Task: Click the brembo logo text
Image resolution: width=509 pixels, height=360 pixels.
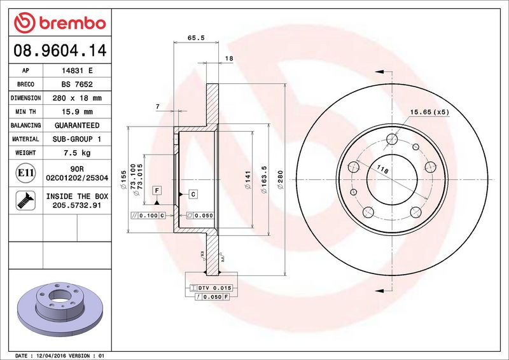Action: [x=73, y=23]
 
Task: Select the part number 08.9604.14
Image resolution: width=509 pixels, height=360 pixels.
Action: [x=60, y=50]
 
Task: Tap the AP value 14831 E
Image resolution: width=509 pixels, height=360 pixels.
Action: [x=77, y=71]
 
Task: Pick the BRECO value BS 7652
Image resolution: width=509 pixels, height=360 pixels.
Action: [x=77, y=85]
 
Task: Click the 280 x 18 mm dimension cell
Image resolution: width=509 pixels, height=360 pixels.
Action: [x=77, y=98]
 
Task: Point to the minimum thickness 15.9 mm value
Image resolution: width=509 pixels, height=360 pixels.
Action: [x=77, y=112]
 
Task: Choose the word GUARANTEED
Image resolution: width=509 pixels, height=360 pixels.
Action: [x=77, y=125]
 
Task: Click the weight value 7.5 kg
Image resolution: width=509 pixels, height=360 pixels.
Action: [x=77, y=153]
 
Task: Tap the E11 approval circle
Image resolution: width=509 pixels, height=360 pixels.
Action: [x=25, y=173]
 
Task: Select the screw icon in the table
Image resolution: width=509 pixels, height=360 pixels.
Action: [x=25, y=200]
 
